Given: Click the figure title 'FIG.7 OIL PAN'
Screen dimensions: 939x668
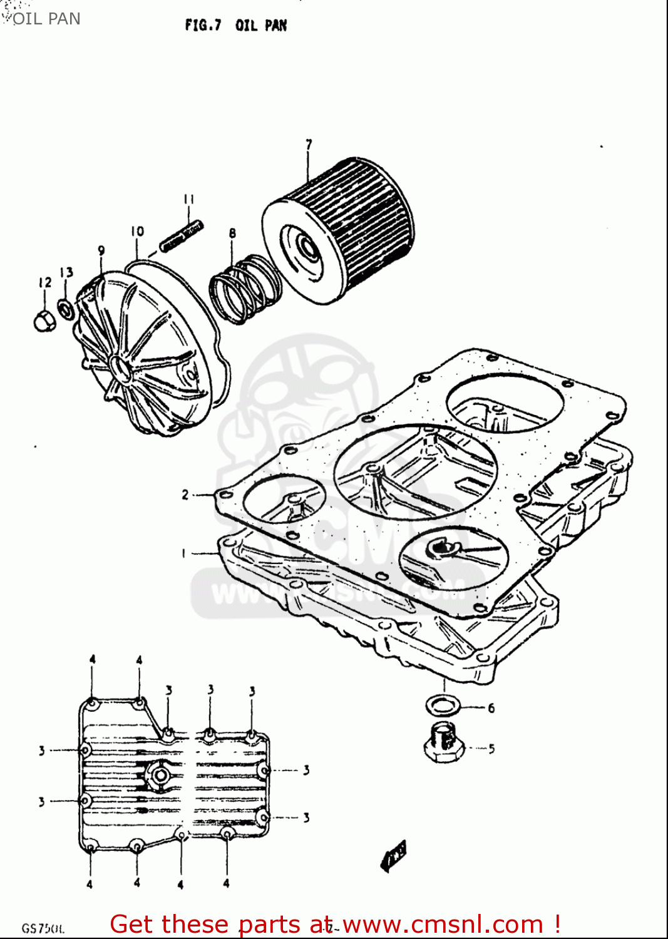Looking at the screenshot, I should click(235, 26).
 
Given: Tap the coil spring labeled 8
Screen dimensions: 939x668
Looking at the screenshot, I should click(244, 289).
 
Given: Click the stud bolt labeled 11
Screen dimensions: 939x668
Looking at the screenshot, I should click(182, 235).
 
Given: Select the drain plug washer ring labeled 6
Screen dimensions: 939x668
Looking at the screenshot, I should click(443, 706).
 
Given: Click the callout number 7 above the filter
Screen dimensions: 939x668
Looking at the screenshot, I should click(308, 145).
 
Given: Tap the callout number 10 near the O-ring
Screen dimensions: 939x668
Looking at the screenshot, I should click(137, 232).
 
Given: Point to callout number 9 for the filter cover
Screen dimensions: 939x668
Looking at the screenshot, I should click(101, 251).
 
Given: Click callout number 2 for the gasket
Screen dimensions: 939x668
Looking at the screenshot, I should click(185, 495).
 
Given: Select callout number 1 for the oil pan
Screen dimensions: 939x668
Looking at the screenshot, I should click(183, 553).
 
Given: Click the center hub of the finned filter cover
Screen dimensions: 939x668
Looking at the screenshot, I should click(120, 368).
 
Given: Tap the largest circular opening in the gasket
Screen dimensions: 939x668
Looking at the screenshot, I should click(416, 471).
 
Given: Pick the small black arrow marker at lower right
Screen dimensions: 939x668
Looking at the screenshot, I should click(393, 855).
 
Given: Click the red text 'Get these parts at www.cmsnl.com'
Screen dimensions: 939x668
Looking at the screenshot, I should click(335, 924).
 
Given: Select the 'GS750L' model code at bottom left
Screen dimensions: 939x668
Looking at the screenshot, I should click(43, 928).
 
